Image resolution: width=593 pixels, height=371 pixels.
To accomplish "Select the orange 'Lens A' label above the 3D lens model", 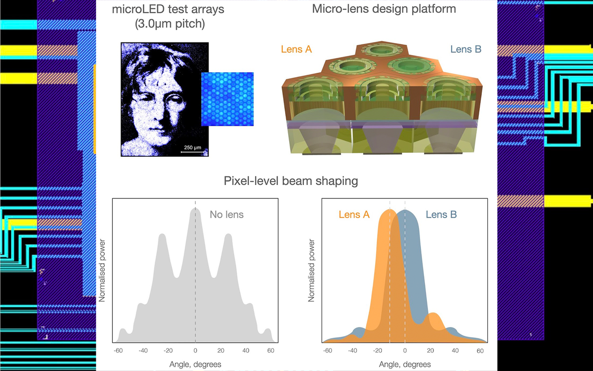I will click(x=296, y=49).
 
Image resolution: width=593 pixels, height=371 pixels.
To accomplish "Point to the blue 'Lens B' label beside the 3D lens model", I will click(x=466, y=49).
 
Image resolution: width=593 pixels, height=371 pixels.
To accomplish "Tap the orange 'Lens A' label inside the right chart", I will click(x=354, y=215).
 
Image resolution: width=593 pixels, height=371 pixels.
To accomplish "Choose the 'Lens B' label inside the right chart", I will click(x=441, y=215).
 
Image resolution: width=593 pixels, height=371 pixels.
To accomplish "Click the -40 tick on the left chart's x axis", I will click(x=143, y=351).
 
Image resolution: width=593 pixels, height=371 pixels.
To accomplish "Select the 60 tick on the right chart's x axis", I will click(x=480, y=351).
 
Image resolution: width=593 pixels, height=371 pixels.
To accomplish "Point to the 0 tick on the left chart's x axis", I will click(x=195, y=351).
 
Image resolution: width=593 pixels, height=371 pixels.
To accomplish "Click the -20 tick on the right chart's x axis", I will click(x=379, y=351).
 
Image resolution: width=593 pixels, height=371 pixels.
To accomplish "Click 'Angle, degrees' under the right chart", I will click(x=405, y=364).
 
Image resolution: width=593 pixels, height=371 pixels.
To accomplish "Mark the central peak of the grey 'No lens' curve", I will click(x=195, y=209).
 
